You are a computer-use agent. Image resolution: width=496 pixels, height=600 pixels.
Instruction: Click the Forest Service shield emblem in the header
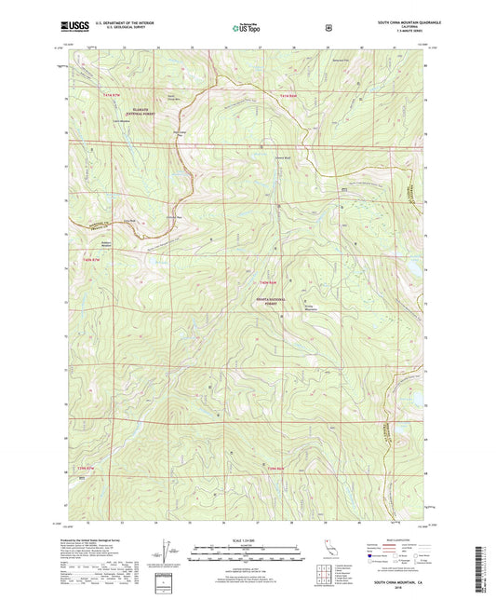[328, 28]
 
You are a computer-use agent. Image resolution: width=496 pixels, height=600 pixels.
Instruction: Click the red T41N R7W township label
[112, 96]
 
